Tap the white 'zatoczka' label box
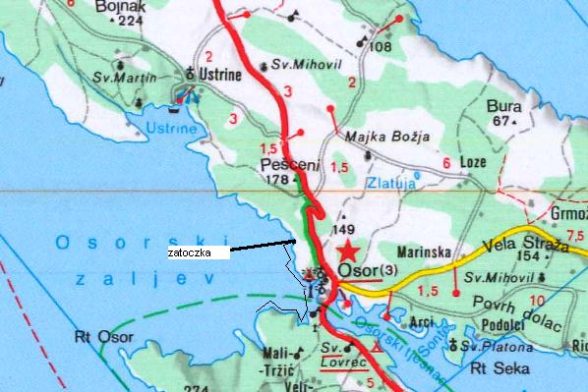point(197,252)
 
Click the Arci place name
point(422,321)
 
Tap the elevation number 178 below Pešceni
point(277,180)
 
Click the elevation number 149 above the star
point(344,216)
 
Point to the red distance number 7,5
point(575,234)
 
